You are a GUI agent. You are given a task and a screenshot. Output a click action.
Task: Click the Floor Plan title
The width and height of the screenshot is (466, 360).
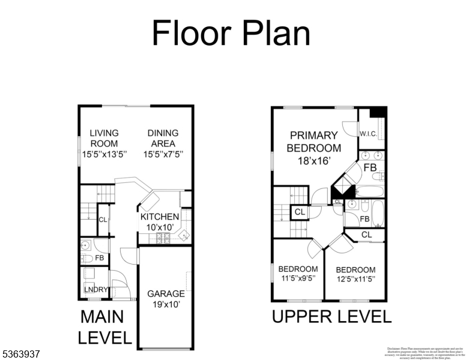point(231,33)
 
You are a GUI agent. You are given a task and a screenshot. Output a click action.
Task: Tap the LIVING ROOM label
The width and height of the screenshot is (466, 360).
point(104,138)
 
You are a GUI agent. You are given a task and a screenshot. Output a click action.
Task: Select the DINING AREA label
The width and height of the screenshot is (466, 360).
point(163,138)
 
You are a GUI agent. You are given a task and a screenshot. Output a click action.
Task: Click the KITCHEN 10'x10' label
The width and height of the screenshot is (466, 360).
point(160,222)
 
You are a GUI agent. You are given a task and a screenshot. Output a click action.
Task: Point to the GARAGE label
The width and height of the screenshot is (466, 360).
point(166,293)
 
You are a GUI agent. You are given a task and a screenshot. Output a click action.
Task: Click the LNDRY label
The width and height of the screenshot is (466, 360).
point(95,290)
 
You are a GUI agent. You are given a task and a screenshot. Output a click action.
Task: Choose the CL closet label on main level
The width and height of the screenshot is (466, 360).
point(103,220)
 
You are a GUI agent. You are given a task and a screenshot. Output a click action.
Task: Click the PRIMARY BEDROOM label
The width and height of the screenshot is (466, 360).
point(314,141)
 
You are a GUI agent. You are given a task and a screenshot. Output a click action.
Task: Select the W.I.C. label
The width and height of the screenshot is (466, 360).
point(368,134)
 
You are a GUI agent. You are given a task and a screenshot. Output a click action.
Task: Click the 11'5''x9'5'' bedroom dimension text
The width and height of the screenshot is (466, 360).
point(298,278)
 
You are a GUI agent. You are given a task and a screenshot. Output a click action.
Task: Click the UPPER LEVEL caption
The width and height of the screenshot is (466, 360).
point(331,317)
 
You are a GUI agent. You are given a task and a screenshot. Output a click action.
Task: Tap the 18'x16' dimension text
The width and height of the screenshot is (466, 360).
point(314,161)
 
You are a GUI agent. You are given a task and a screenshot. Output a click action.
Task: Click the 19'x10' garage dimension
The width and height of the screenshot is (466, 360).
point(166,304)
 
